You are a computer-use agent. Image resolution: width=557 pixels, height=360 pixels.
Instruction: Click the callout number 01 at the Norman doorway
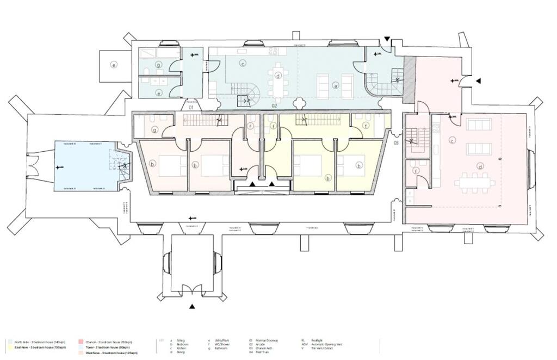191,108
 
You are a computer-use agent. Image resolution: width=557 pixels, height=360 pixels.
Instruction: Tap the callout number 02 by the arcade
275,105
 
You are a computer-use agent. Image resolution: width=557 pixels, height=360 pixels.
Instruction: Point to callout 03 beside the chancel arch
397,142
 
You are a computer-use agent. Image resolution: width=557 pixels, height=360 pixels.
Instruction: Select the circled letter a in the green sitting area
336,85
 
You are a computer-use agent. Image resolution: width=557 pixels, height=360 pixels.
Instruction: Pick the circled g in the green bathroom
158,64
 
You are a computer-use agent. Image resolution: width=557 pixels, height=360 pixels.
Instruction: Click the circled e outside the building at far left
114,65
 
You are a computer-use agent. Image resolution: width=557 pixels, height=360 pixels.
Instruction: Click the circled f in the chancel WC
417,171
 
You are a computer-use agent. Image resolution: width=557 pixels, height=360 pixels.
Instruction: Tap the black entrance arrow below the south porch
192,307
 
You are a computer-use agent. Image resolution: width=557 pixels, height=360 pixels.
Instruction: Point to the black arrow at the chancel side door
478,81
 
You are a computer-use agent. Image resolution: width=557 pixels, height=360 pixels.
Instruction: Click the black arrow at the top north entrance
387,40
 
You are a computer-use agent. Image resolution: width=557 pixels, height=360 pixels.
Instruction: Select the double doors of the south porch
192,289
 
